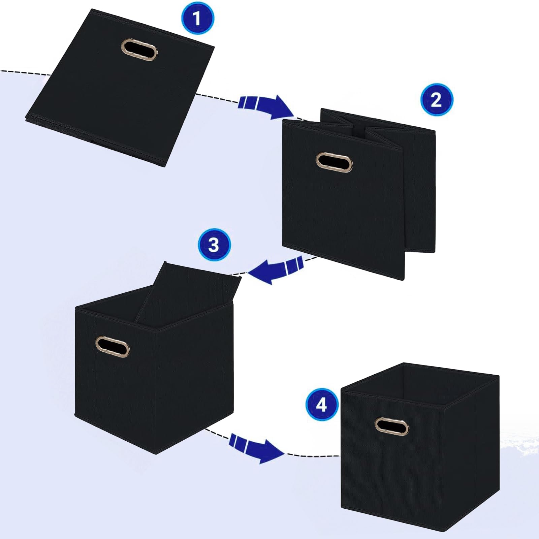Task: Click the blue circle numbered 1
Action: (x=197, y=19)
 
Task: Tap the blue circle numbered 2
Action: (x=437, y=100)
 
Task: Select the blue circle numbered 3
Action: (x=214, y=245)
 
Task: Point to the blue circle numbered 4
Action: (x=322, y=405)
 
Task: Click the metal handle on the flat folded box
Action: (x=139, y=49)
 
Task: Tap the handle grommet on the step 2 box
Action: (x=334, y=162)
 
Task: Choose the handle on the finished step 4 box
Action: (x=392, y=426)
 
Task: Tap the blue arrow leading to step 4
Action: (x=256, y=450)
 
